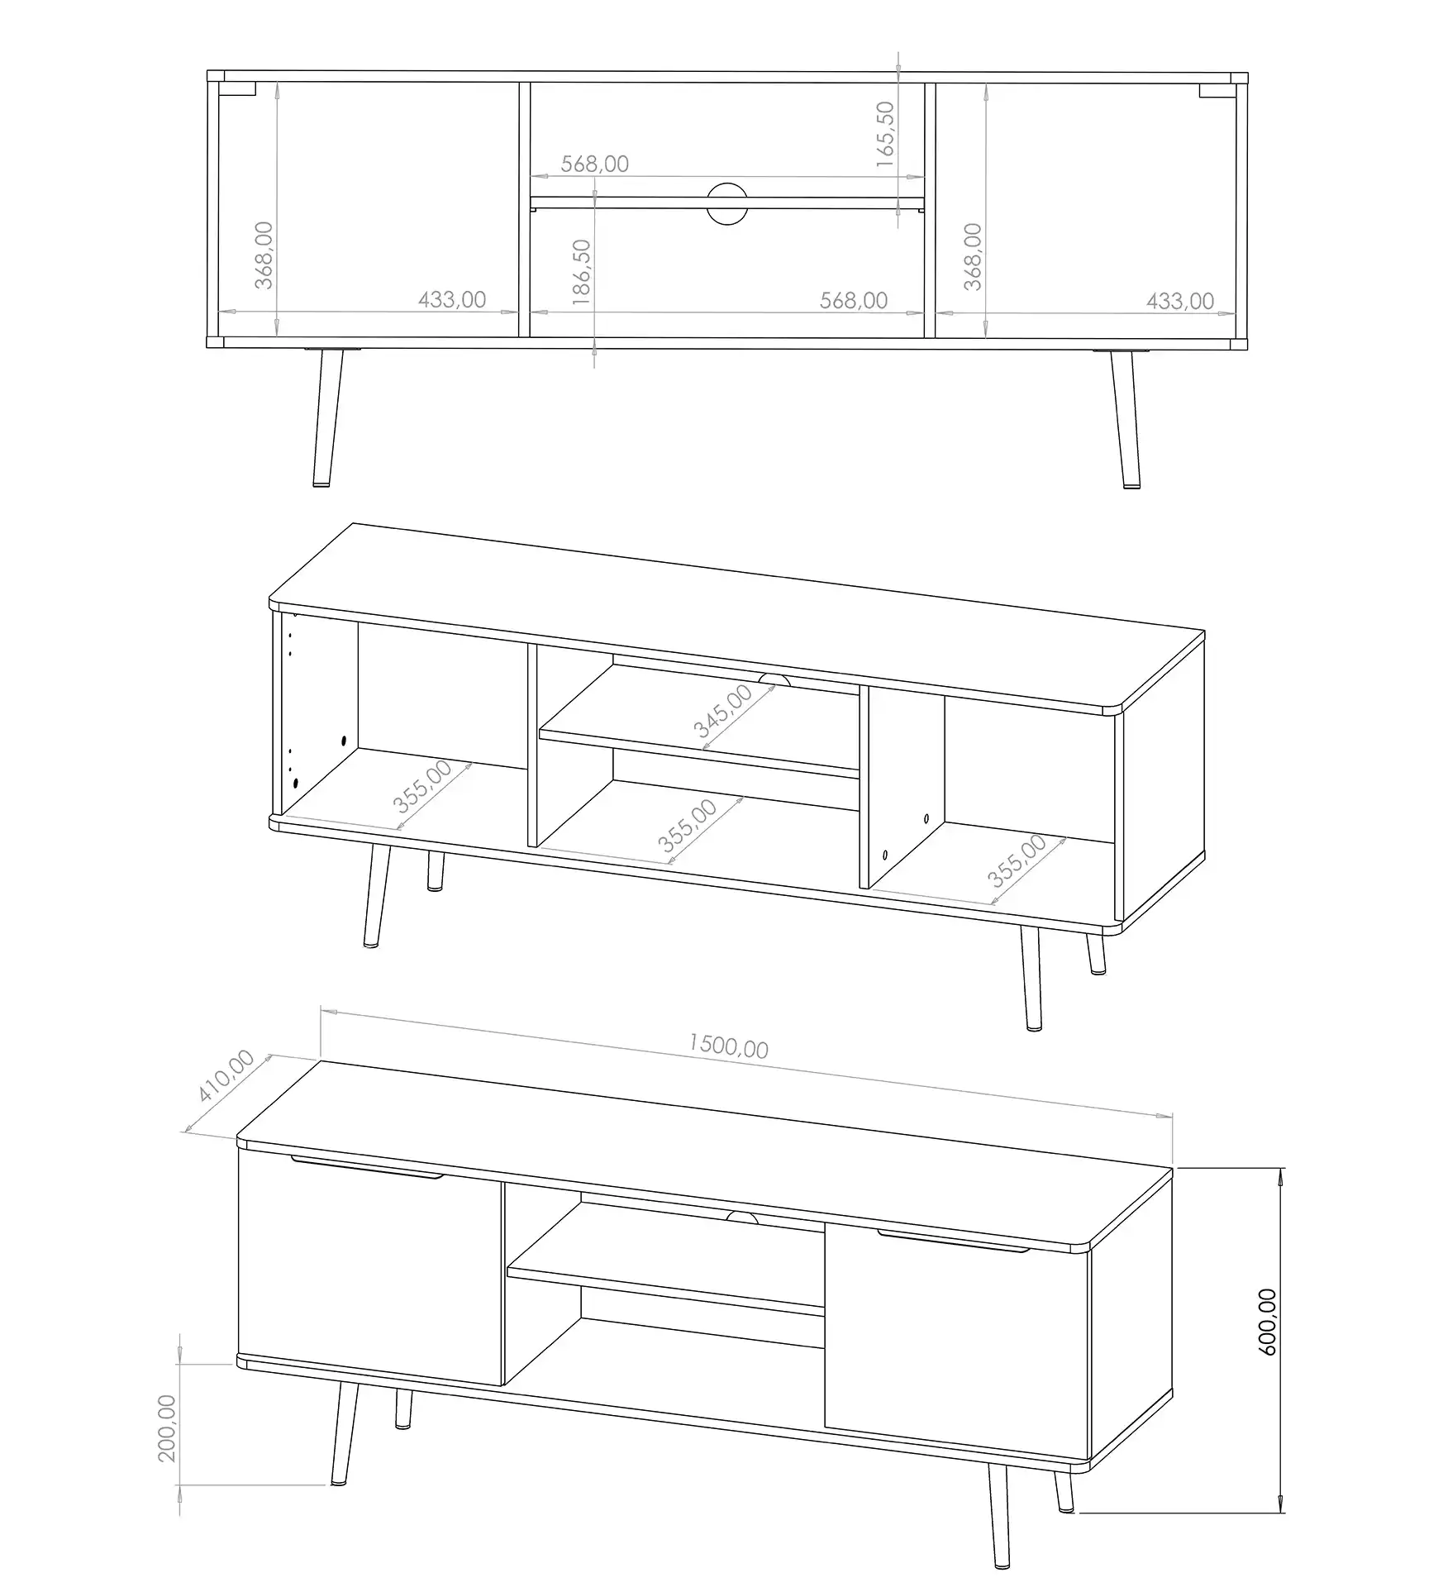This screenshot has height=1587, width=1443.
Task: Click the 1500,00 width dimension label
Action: pyautogui.click(x=729, y=1046)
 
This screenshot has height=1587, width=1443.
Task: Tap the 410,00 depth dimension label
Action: pyautogui.click(x=225, y=1076)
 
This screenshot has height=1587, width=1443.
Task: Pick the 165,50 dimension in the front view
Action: pyautogui.click(x=884, y=135)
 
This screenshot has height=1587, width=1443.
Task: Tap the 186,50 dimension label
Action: pyautogui.click(x=582, y=273)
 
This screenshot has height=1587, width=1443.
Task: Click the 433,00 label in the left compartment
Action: pyautogui.click(x=452, y=299)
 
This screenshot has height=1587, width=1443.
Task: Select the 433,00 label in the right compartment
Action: pyautogui.click(x=1180, y=301)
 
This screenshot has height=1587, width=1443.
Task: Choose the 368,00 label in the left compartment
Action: pyautogui.click(x=264, y=255)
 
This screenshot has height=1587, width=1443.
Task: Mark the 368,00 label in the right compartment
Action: pyautogui.click(x=974, y=256)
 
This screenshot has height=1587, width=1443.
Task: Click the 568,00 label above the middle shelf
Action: pyautogui.click(x=595, y=164)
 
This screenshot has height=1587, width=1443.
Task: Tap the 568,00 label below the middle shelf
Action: pyautogui.click(x=854, y=300)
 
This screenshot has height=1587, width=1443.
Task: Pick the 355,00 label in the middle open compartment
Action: pyautogui.click(x=688, y=825)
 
